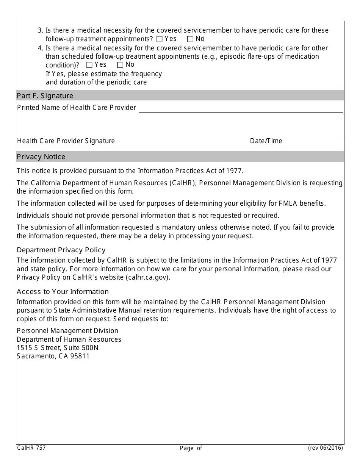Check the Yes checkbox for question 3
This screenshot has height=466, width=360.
pyautogui.click(x=159, y=39)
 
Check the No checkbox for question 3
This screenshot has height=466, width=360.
pyautogui.click(x=190, y=39)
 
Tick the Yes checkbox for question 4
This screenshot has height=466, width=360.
pyautogui.click(x=89, y=65)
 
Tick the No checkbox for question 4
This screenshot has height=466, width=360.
pyautogui.click(x=120, y=65)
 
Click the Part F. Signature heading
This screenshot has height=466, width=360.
pyautogui.click(x=45, y=96)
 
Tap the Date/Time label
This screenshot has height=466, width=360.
pyautogui.click(x=266, y=141)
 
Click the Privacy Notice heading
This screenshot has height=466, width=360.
pyautogui.click(x=41, y=157)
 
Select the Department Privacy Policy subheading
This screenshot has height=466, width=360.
pyautogui.click(x=61, y=250)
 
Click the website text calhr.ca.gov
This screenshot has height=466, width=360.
pyautogui.click(x=147, y=277)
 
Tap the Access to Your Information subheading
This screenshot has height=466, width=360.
pyautogui.click(x=63, y=292)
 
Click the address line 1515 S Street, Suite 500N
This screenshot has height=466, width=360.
pyautogui.click(x=58, y=348)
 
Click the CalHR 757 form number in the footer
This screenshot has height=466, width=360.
pyautogui.click(x=31, y=448)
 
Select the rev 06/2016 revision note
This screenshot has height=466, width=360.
pyautogui.click(x=325, y=448)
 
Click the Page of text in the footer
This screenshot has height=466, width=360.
pyautogui.click(x=191, y=448)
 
